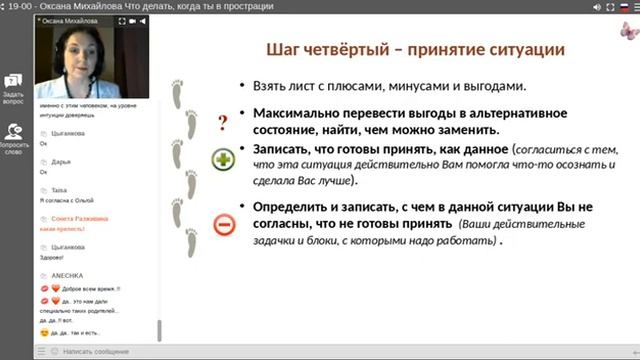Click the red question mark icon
[x=223, y=123]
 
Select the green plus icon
[x=223, y=160]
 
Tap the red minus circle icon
[x=223, y=226]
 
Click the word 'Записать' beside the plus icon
[x=286, y=148]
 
